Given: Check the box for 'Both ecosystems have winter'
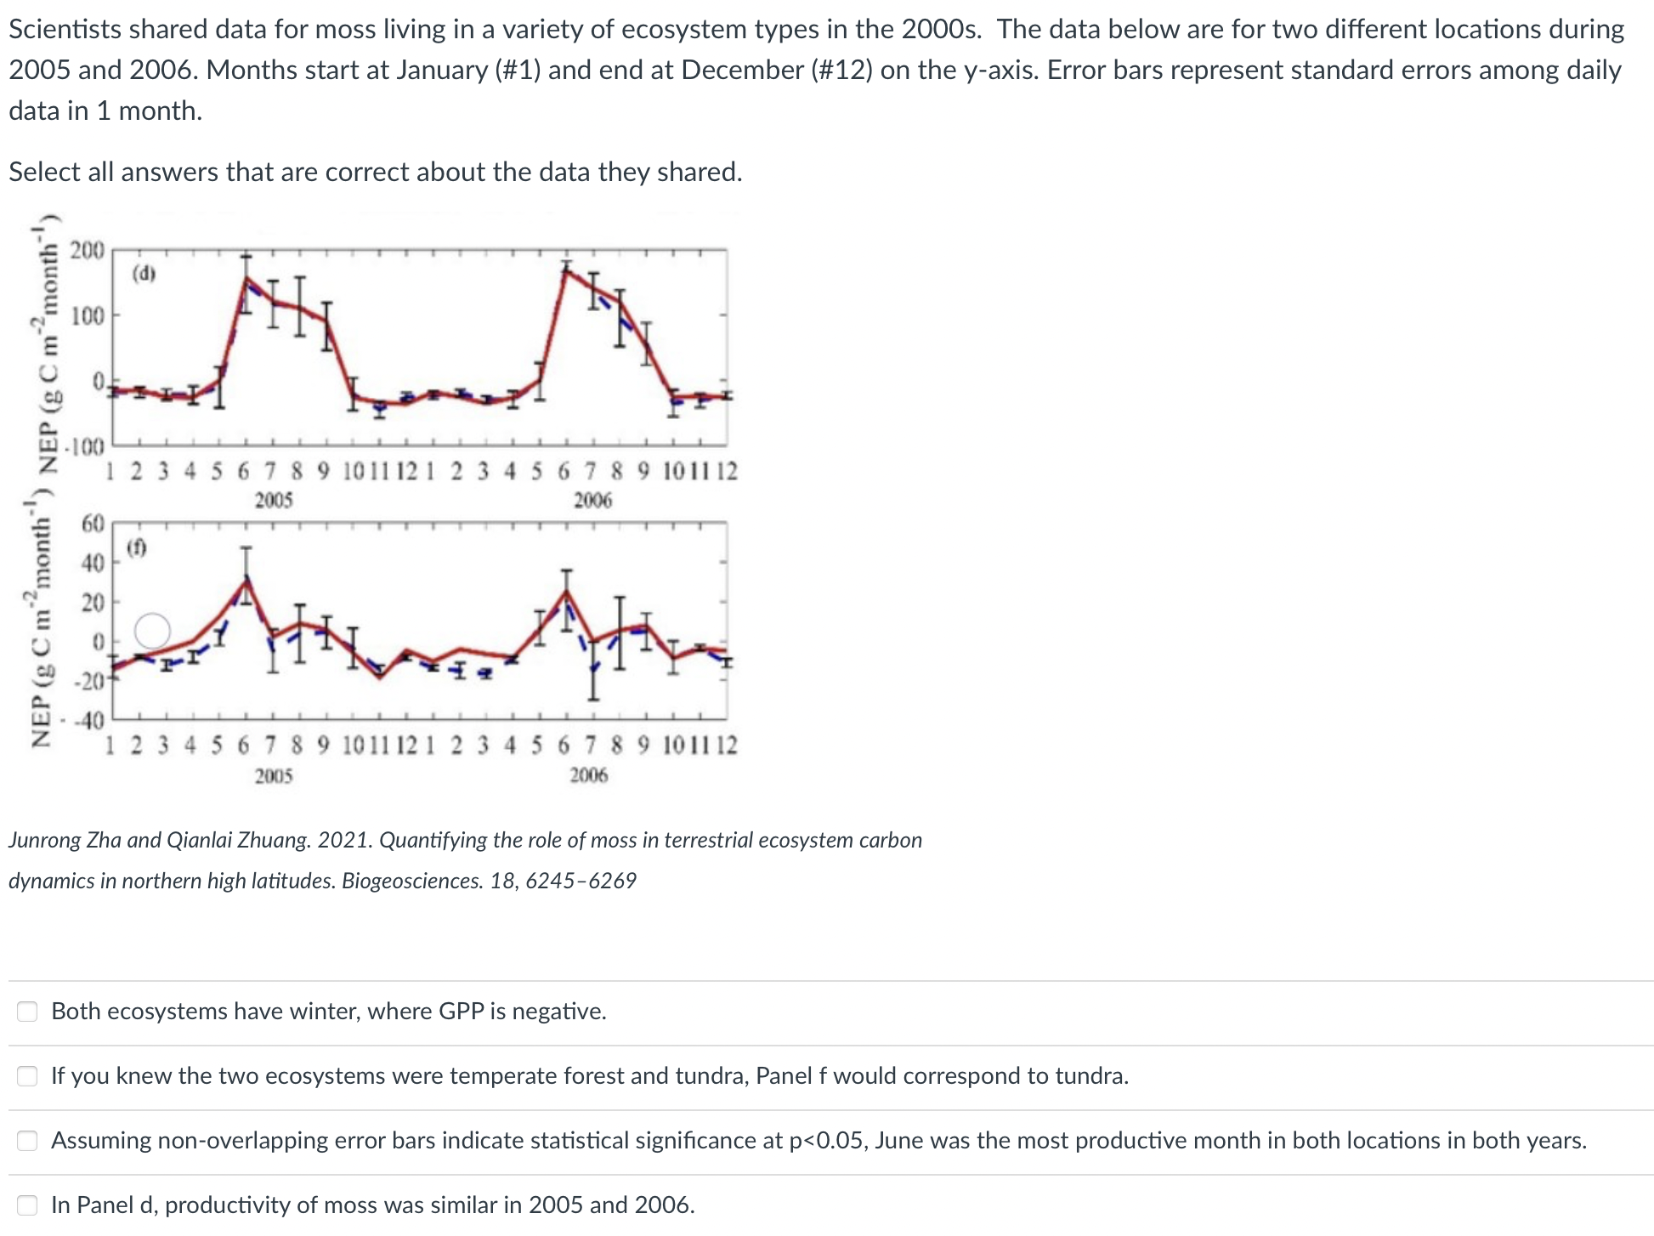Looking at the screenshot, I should point(28,1011).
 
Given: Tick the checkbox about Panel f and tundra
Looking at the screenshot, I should point(28,1075).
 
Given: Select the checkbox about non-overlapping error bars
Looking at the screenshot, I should point(28,1140).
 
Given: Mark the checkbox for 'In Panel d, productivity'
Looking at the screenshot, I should point(28,1205).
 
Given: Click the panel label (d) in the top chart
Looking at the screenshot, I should point(144,273).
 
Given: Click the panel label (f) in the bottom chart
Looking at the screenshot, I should point(137,548).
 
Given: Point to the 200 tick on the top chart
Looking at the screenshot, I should point(87,251).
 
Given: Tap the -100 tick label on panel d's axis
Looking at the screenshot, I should point(84,445).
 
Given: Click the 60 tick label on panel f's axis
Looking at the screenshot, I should point(92,524).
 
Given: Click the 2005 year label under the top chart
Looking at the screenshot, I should point(274,500).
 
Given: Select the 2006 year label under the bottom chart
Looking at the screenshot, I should point(589,774).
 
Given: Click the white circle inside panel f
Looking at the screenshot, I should point(153,631).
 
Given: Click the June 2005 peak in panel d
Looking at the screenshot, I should point(246,278).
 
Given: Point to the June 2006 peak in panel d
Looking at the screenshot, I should point(566,269).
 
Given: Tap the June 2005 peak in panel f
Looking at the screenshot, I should point(246,580).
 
